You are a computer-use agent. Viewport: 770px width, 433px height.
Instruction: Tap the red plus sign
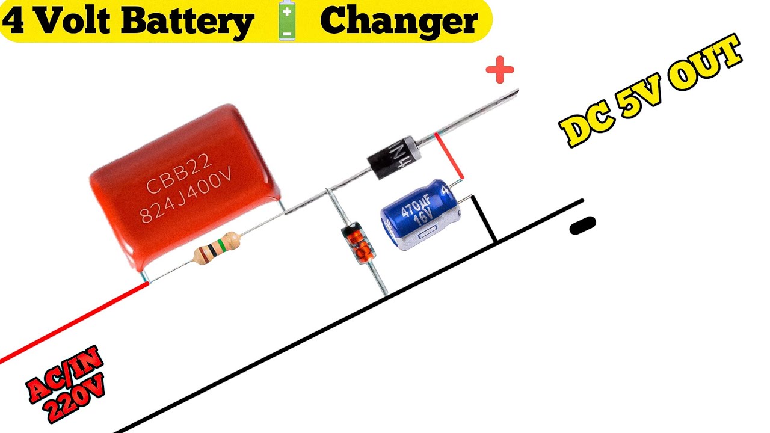[500, 71]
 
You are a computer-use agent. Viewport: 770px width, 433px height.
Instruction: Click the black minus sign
[582, 226]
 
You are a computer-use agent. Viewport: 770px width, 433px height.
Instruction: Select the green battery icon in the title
[286, 20]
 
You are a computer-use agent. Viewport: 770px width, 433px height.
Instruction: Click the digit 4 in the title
[14, 22]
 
